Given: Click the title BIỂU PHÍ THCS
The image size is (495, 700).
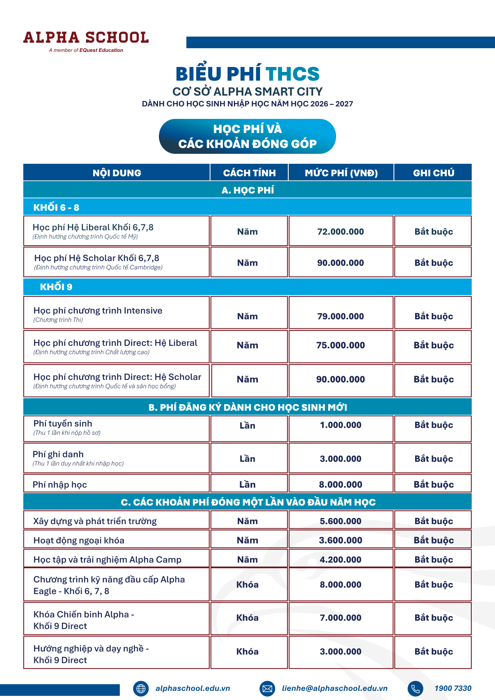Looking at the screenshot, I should pyautogui.click(x=247, y=74).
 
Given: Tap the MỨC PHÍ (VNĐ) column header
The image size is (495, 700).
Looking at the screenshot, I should pyautogui.click(x=341, y=173).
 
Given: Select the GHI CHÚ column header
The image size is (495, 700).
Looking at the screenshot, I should pyautogui.click(x=433, y=173).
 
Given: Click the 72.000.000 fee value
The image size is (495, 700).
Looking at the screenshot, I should pyautogui.click(x=341, y=232).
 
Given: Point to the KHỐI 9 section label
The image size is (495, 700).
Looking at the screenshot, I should pyautogui.click(x=56, y=287).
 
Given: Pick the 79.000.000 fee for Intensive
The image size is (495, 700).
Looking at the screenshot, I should pyautogui.click(x=341, y=316).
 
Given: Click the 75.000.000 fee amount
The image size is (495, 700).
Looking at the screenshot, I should pyautogui.click(x=341, y=345).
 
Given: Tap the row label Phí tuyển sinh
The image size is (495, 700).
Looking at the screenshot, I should pyautogui.click(x=63, y=424).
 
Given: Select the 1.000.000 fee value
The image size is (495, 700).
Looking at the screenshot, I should pyautogui.click(x=341, y=425).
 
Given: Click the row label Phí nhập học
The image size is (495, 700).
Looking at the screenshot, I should pyautogui.click(x=60, y=485).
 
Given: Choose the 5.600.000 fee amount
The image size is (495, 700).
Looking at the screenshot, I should pyautogui.click(x=341, y=521).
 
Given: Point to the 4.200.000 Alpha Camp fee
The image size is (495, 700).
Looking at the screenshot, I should pyautogui.click(x=341, y=560).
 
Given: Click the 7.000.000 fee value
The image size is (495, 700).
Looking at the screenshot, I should pyautogui.click(x=341, y=618).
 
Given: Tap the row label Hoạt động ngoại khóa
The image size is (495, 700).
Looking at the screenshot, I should pyautogui.click(x=79, y=540).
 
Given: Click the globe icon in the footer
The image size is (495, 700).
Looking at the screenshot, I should pyautogui.click(x=141, y=689).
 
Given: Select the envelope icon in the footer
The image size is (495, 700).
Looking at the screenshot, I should pyautogui.click(x=267, y=689).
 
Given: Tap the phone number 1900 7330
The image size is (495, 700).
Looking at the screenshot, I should pyautogui.click(x=453, y=688).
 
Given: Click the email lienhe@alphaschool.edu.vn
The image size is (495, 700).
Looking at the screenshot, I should pyautogui.click(x=335, y=688).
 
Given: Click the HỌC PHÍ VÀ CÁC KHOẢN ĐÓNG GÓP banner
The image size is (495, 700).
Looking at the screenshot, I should pyautogui.click(x=247, y=136).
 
